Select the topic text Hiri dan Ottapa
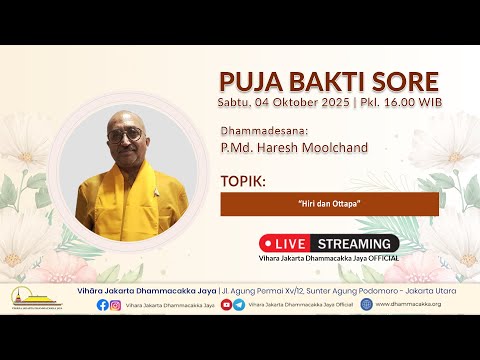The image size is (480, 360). (x=329, y=204)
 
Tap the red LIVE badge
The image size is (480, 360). (x=288, y=243)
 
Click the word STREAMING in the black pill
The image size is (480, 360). (x=355, y=243)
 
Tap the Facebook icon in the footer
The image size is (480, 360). (x=103, y=305)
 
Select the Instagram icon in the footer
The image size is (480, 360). (x=116, y=305)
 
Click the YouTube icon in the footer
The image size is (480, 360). (x=226, y=305)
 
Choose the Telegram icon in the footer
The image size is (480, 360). (x=239, y=305)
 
